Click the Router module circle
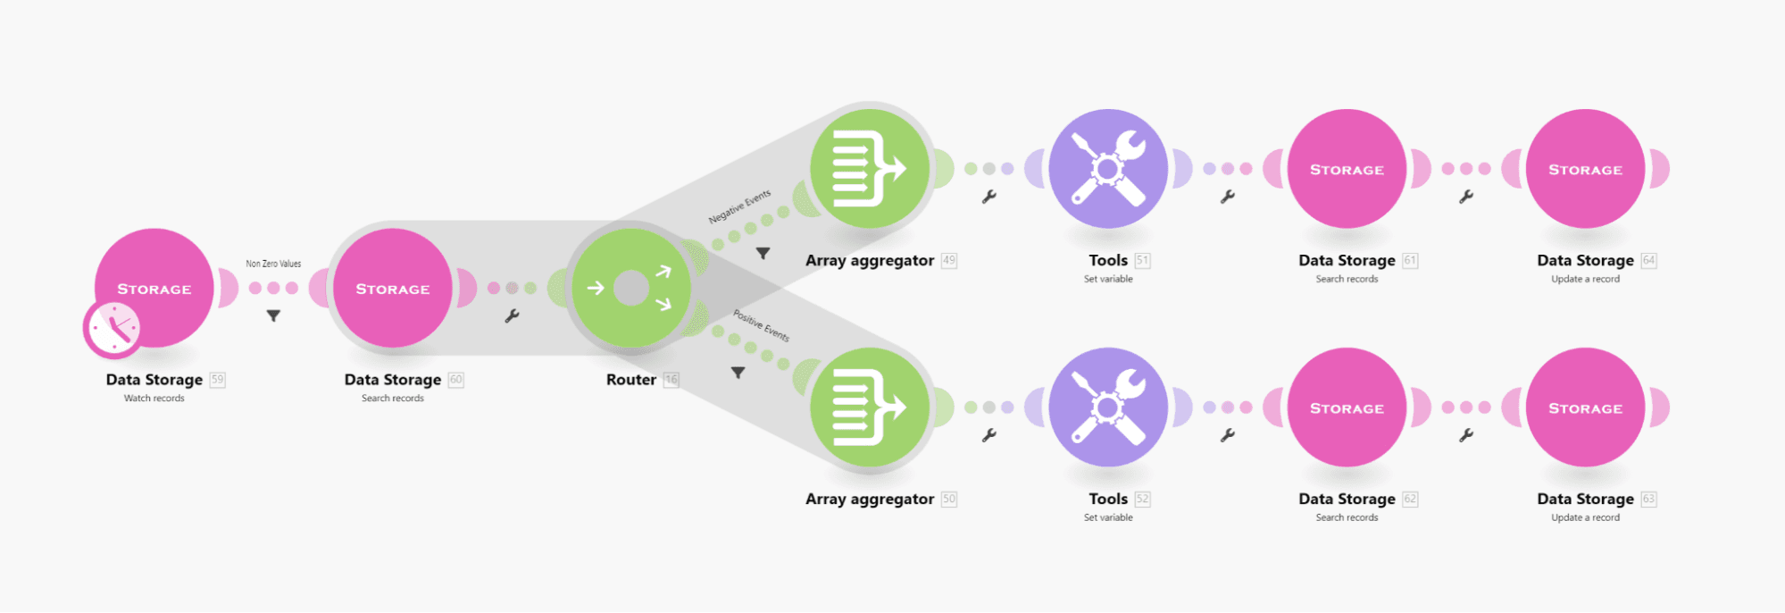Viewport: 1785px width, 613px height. pos(631,288)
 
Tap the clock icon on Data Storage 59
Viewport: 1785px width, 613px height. pos(113,329)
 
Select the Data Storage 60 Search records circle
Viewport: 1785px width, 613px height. pos(393,288)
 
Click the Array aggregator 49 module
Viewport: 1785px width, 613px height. pos(870,169)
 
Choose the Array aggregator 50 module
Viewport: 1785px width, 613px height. pos(870,407)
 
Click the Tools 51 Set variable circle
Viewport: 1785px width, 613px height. pos(1108,169)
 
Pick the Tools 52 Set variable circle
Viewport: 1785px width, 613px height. pos(1108,407)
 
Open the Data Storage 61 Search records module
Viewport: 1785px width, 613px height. pos(1347,169)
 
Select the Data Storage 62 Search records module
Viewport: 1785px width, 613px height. pos(1347,407)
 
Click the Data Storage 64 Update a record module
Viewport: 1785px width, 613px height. pos(1585,169)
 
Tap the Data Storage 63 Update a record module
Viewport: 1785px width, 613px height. pos(1585,407)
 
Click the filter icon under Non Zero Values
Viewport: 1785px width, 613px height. pos(273,315)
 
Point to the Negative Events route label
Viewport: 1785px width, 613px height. pos(739,207)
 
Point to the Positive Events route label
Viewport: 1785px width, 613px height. pos(761,325)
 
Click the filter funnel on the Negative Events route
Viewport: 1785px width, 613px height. pos(763,254)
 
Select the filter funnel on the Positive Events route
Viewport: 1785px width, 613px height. pos(738,373)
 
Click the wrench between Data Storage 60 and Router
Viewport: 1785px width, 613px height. pos(512,315)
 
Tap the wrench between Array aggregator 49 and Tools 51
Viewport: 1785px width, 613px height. pos(988,197)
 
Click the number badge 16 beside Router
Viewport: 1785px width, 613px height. pos(671,380)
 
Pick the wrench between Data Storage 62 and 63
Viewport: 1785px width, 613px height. pos(1465,435)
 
